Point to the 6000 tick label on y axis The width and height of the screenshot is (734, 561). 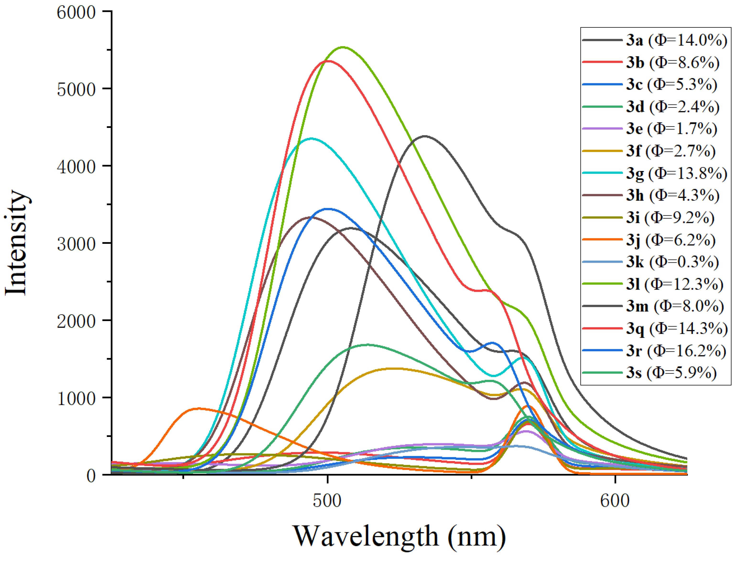coord(76,13)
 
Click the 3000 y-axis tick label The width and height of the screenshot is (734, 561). coord(76,244)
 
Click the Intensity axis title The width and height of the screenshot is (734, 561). coord(17,243)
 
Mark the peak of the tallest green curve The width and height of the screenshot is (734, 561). coord(343,47)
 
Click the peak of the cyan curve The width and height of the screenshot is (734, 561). coord(311,138)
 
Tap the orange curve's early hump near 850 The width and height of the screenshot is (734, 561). coord(199,408)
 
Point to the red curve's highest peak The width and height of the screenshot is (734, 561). coord(329,61)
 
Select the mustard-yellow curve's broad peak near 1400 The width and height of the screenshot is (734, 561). coord(395,368)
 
